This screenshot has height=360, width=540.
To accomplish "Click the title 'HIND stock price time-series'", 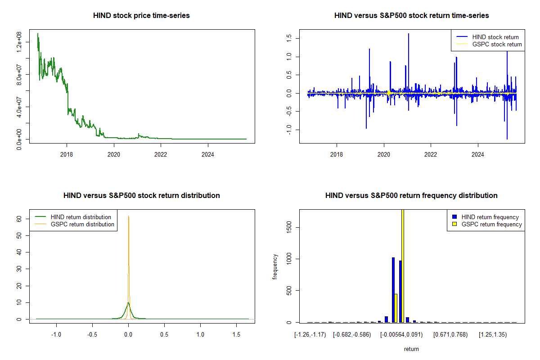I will [141, 15].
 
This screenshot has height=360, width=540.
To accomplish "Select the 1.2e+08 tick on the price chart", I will [19, 42].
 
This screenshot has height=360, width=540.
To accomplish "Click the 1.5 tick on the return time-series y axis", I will [289, 38].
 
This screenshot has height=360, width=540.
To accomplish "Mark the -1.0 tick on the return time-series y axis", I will [289, 130].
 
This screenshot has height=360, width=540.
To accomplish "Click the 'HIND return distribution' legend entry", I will [81, 217].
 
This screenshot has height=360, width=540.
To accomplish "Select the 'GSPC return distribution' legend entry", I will [82, 224].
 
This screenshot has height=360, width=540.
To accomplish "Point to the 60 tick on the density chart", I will [19, 219].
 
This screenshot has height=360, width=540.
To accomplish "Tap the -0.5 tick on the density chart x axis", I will [92, 334].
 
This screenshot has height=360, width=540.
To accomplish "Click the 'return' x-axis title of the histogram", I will [411, 349].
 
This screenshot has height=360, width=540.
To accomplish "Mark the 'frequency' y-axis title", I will [275, 266].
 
